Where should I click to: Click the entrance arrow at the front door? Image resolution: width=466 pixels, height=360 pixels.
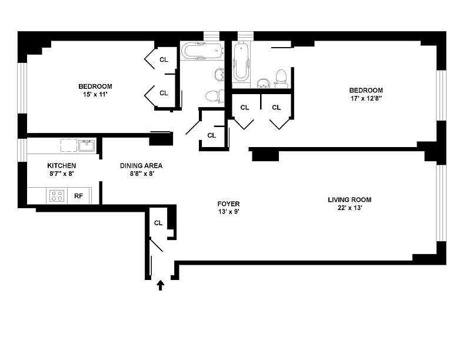point(161,285)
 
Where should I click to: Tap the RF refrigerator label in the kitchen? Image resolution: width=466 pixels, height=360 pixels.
point(78,196)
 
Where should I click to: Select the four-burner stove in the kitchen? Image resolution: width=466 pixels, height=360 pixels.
point(56,196)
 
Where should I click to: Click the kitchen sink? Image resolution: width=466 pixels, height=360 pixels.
point(86,145)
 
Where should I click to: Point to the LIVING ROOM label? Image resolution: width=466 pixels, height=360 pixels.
point(349,200)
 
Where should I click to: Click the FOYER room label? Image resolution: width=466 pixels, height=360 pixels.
point(228,204)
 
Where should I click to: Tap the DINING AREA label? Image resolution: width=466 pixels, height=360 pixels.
point(141,166)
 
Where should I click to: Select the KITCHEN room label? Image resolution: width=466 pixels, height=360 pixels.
point(62,166)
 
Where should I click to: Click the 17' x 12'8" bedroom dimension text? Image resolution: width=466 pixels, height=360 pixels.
point(366,98)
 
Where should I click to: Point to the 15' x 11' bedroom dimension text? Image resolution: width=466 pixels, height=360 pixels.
point(95,95)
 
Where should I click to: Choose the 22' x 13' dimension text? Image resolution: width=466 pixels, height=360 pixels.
point(350,208)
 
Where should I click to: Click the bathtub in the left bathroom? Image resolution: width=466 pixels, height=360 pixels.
point(202,51)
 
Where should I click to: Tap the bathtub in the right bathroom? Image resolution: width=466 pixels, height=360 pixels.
point(241,62)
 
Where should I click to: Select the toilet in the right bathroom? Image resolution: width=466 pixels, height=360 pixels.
point(281,78)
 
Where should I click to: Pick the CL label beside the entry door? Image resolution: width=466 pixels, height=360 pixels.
point(158,223)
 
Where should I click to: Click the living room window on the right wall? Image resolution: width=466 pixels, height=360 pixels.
point(441,203)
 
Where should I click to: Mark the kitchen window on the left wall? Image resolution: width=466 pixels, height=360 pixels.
point(22,150)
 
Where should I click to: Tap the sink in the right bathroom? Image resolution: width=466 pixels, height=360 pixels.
point(263,84)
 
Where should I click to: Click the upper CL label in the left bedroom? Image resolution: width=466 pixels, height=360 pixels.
point(164,59)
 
